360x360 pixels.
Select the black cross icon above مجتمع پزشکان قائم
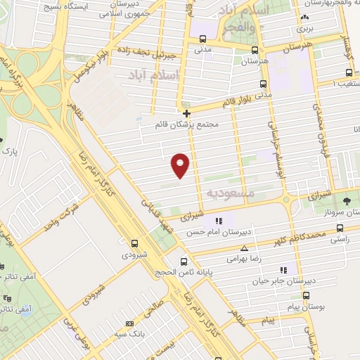click(x=186, y=113)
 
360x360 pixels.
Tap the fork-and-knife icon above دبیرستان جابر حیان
click(x=283, y=269)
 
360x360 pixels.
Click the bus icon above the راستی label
click(x=340, y=228)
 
